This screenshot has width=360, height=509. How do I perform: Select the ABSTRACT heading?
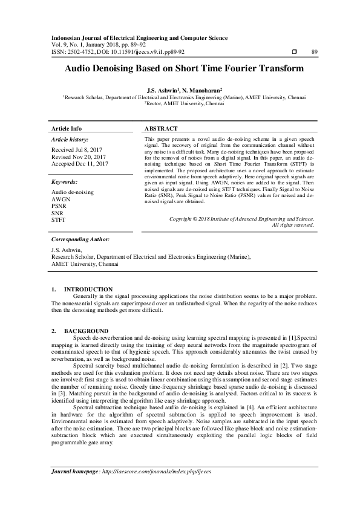(162, 129)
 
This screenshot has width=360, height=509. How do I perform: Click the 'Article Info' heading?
(67, 129)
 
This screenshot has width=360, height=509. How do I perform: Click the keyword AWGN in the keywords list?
(61, 198)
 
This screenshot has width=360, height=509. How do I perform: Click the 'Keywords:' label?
(64, 182)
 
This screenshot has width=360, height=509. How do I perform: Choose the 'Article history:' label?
(71, 140)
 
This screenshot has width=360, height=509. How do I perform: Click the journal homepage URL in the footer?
(159, 471)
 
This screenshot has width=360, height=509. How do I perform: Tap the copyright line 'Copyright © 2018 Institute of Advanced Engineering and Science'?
(216, 218)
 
